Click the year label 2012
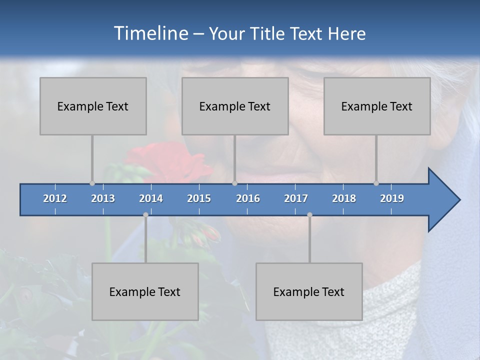pyautogui.click(x=55, y=198)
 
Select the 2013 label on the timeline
pyautogui.click(x=103, y=198)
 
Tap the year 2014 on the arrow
pyautogui.click(x=151, y=198)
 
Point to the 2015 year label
pyautogui.click(x=199, y=198)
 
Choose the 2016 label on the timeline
pyautogui.click(x=248, y=198)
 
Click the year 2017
pyautogui.click(x=296, y=198)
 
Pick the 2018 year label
pyautogui.click(x=344, y=198)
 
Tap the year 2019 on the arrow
pyautogui.click(x=392, y=198)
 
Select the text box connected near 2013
pyautogui.click(x=93, y=106)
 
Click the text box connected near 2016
pyautogui.click(x=235, y=106)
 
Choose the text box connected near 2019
pyautogui.click(x=377, y=106)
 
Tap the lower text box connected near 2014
pyautogui.click(x=145, y=291)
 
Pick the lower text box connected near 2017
pyautogui.click(x=309, y=291)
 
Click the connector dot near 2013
pyautogui.click(x=92, y=183)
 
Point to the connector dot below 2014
pyautogui.click(x=145, y=215)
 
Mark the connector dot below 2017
pyautogui.click(x=309, y=215)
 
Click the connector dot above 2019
pyautogui.click(x=376, y=183)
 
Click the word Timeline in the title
pyautogui.click(x=150, y=33)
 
